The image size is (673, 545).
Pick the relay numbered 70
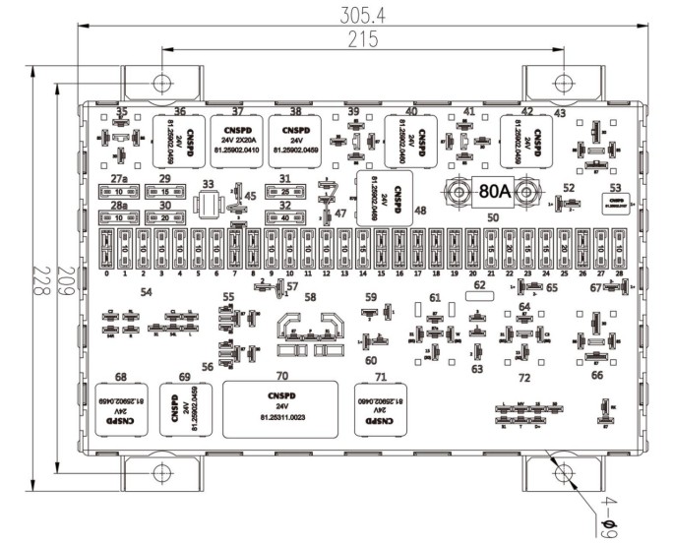pyautogui.click(x=281, y=408)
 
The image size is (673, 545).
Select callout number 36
pyautogui.click(x=179, y=111)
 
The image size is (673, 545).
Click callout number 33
pyautogui.click(x=207, y=184)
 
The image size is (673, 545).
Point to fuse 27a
pyautogui.click(x=118, y=192)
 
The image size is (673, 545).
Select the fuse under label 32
pyautogui.click(x=284, y=217)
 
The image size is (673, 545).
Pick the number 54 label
pyautogui.click(x=146, y=293)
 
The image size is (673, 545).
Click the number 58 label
pyautogui.click(x=310, y=296)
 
